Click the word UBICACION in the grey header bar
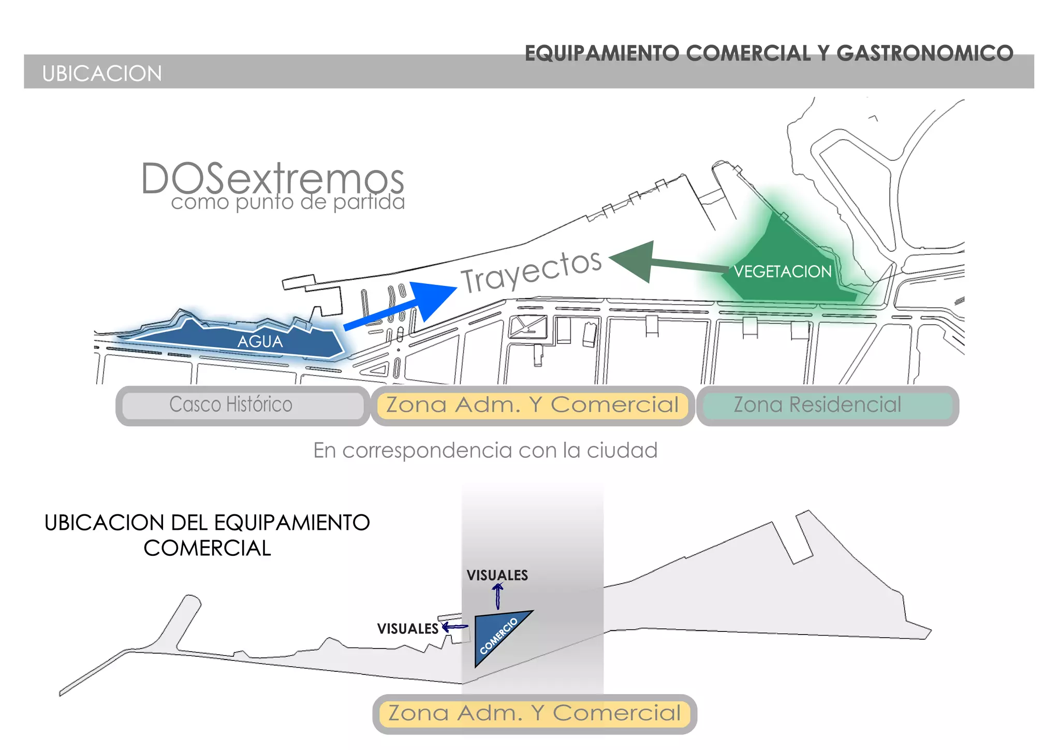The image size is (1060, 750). pos(102,74)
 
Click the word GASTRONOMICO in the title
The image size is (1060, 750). pos(924,53)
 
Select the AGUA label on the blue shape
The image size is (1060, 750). pos(260,342)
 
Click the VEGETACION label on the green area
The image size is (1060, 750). pos(782,271)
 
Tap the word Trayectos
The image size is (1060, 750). pos(531,271)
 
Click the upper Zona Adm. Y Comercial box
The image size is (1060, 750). pos(532,405)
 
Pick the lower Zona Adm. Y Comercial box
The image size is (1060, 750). pos(534,713)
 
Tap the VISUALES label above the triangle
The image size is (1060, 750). pos(497,575)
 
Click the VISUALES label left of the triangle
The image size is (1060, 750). pos(407,629)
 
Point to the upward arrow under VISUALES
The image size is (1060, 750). pos(498,596)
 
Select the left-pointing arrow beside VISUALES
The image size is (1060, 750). pos(454,627)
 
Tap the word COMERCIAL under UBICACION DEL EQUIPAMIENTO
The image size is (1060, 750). pos(207,548)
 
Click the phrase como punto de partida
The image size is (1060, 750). pos(288,202)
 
